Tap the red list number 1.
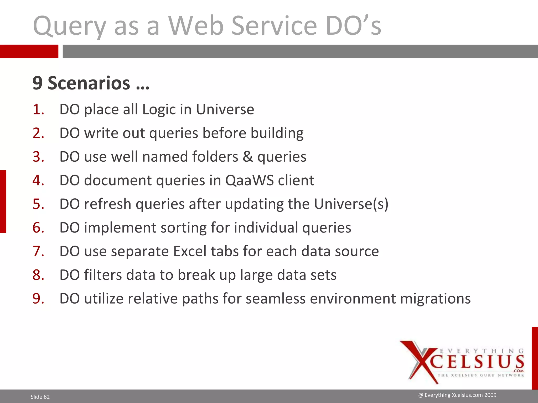click(38, 109)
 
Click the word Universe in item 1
click(225, 109)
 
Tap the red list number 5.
click(38, 204)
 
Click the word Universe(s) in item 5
click(351, 204)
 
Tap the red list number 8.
click(38, 275)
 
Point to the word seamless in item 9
click(276, 299)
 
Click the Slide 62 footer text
click(40, 397)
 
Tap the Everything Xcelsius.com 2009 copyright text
click(457, 395)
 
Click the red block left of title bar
click(29, 51)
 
